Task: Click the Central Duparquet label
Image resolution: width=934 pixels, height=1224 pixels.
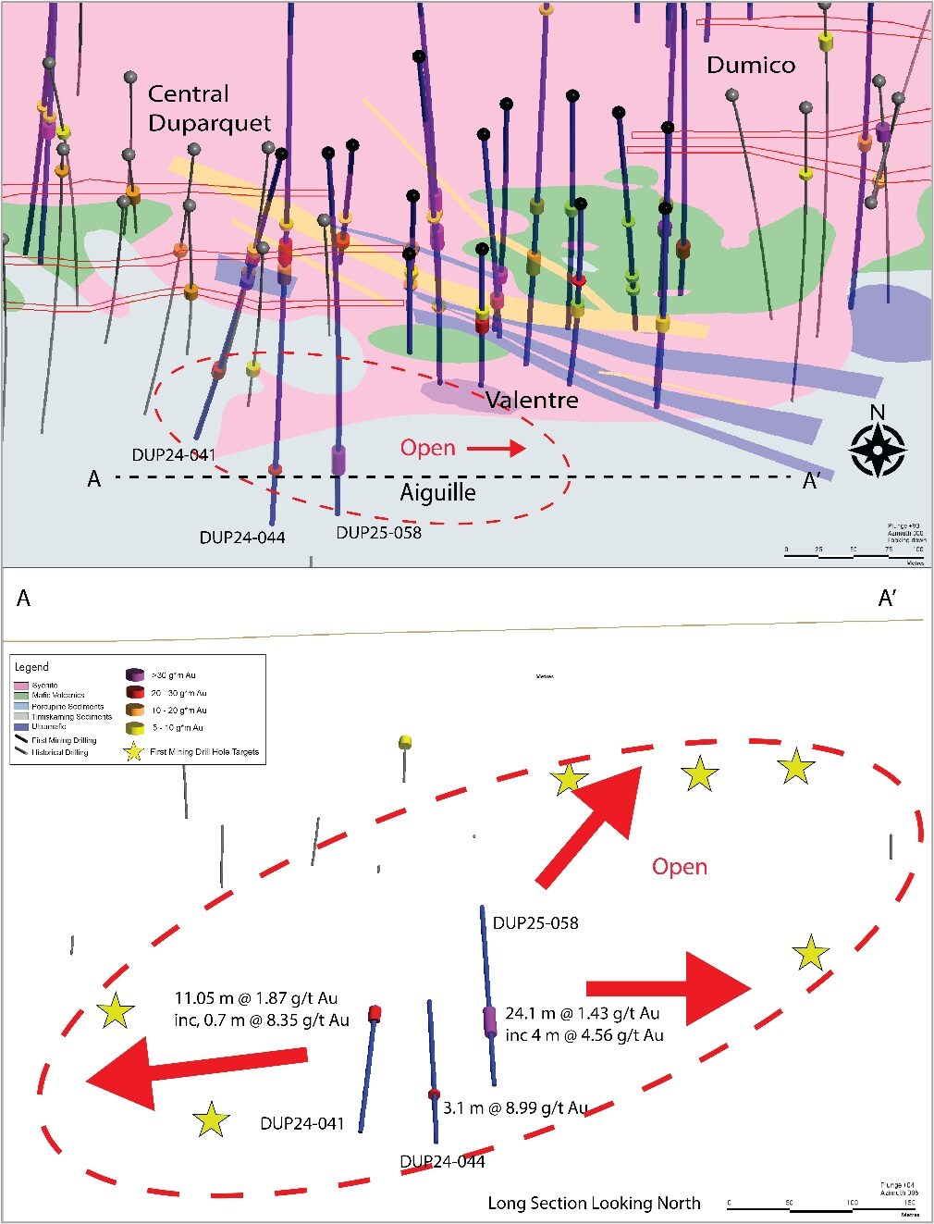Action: click(209, 108)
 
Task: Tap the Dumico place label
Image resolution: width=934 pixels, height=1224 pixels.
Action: click(750, 65)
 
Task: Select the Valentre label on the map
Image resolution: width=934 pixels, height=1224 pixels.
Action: click(532, 401)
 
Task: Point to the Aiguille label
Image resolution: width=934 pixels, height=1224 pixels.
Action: click(437, 492)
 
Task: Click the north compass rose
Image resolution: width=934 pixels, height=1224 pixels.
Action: click(877, 450)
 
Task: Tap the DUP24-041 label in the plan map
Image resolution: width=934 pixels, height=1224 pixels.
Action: click(174, 455)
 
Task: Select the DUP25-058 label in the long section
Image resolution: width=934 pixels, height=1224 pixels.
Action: click(535, 922)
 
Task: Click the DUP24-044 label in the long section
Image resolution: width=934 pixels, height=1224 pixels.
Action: click(442, 1162)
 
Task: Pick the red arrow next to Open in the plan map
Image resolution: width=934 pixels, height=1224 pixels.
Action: click(496, 449)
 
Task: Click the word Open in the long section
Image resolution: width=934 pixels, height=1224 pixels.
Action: click(680, 867)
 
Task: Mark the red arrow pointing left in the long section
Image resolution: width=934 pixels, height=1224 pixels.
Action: click(194, 1071)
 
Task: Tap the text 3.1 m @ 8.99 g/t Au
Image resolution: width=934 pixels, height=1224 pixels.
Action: click(515, 1107)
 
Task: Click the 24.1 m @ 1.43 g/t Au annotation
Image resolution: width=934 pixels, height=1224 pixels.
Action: click(583, 1014)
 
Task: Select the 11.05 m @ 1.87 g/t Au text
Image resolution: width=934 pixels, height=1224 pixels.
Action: click(256, 998)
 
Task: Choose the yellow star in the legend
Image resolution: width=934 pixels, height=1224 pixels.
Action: click(134, 751)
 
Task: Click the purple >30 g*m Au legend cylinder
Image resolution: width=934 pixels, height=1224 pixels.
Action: click(135, 675)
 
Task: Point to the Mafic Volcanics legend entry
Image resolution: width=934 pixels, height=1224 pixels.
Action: click(57, 695)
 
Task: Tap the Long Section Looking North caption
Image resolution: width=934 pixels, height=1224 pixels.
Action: click(594, 1203)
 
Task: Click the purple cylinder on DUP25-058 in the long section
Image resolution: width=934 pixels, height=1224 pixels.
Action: click(490, 1021)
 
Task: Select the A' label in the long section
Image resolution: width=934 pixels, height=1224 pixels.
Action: click(887, 600)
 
